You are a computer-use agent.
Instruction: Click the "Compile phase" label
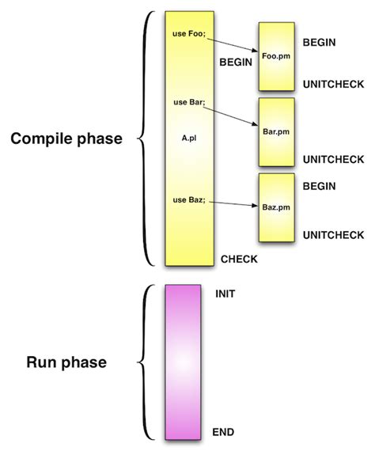pos(66,139)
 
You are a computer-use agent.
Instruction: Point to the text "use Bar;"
pos(189,102)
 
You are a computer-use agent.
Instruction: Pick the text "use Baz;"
pos(189,200)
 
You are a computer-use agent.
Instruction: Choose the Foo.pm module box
pos(276,57)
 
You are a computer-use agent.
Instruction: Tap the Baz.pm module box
pos(276,207)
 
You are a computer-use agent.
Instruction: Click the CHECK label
pos(239,259)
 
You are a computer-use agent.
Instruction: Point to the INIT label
pos(225,294)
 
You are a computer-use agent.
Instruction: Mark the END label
pos(225,431)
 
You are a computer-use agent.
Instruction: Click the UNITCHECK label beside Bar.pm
pos(331,157)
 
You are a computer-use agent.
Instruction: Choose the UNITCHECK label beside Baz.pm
pos(331,234)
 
